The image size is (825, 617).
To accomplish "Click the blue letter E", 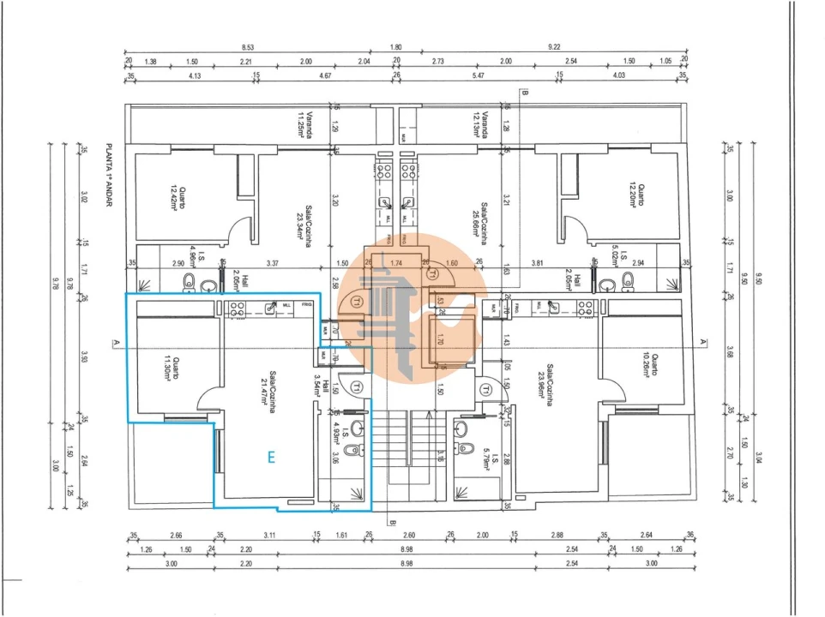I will coord(271,458).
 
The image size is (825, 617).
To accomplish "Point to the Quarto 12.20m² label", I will coord(634,196).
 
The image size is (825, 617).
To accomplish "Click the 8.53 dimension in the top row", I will coord(248,48).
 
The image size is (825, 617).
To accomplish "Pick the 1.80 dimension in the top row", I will coord(395,48).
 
